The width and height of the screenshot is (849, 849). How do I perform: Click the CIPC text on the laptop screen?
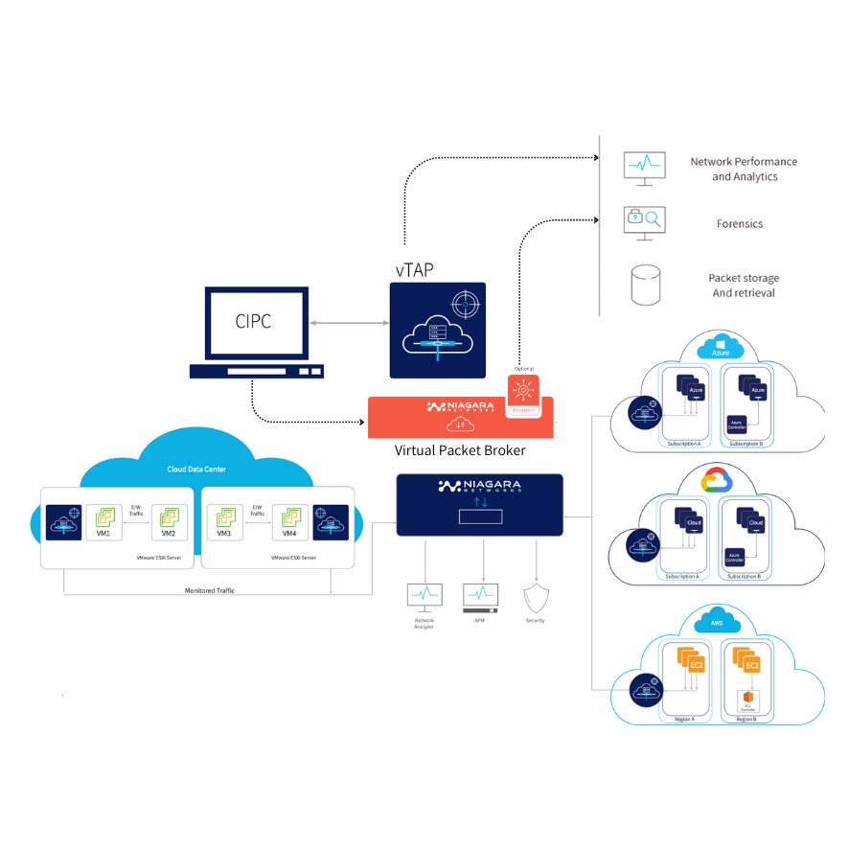point(253,321)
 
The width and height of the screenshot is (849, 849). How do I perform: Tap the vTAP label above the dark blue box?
point(413,270)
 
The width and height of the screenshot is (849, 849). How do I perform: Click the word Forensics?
point(740,223)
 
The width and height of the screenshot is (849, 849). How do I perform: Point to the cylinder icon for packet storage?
point(646,285)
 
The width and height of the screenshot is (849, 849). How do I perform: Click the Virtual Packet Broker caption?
point(459,450)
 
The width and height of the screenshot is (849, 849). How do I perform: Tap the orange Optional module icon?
point(523,394)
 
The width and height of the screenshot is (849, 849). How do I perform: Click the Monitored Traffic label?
point(209,590)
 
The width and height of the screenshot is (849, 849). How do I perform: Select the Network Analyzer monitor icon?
point(424,597)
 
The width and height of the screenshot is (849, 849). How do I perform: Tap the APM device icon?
point(480,597)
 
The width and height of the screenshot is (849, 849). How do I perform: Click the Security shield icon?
point(535,598)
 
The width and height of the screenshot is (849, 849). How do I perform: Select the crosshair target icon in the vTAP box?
point(465,305)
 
